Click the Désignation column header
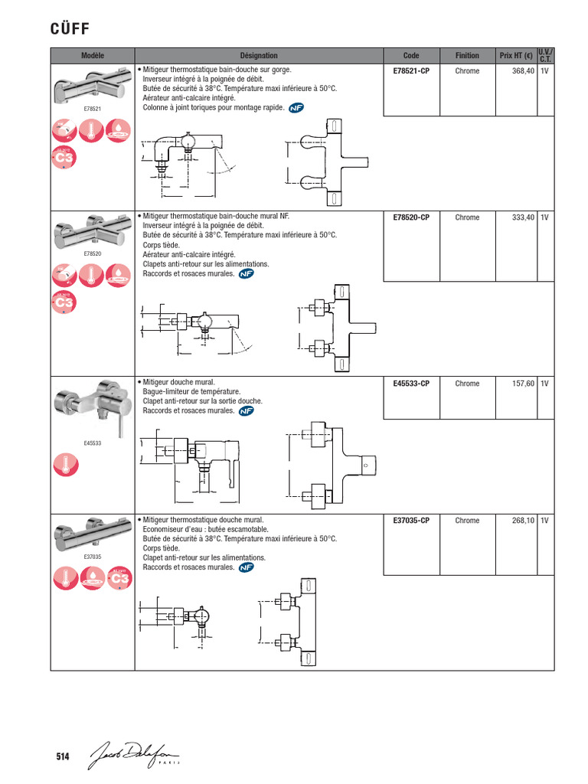pos(259,55)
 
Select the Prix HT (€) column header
pos(515,55)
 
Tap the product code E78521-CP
pos(411,71)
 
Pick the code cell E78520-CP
pos(411,217)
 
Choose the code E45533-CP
pos(411,384)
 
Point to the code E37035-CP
pos(411,521)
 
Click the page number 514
pos(63,757)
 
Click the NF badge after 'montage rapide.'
pos(296,109)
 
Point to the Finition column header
pos(467,55)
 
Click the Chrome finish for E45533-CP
pos(467,384)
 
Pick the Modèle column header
pos(92,55)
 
